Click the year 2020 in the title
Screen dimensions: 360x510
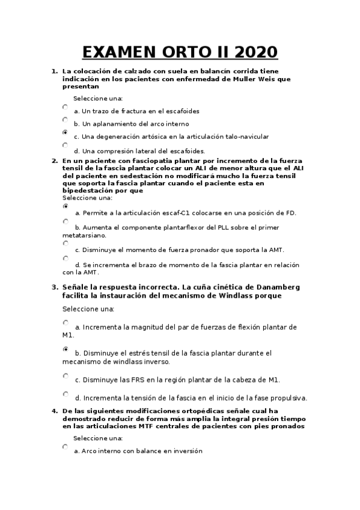tap(253, 52)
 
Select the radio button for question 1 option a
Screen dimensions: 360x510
tap(65, 107)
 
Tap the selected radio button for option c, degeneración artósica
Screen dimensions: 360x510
tap(65, 132)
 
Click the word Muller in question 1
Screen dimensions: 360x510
tap(233, 78)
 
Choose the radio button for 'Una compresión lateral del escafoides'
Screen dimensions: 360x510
tap(65, 145)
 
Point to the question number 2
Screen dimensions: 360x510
tap(55, 161)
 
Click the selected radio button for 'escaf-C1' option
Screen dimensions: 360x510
tap(66, 206)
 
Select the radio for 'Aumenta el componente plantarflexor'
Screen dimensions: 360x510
tap(66, 221)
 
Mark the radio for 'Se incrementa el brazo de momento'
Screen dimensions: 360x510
tap(66, 258)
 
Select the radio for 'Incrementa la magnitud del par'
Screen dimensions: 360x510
tap(66, 323)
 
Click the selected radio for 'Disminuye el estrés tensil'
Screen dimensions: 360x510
tap(66, 349)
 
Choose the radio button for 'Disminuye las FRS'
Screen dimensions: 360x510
tap(66, 376)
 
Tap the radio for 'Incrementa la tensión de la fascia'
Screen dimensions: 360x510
tap(66, 394)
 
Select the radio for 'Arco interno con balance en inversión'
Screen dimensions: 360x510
tap(65, 447)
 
